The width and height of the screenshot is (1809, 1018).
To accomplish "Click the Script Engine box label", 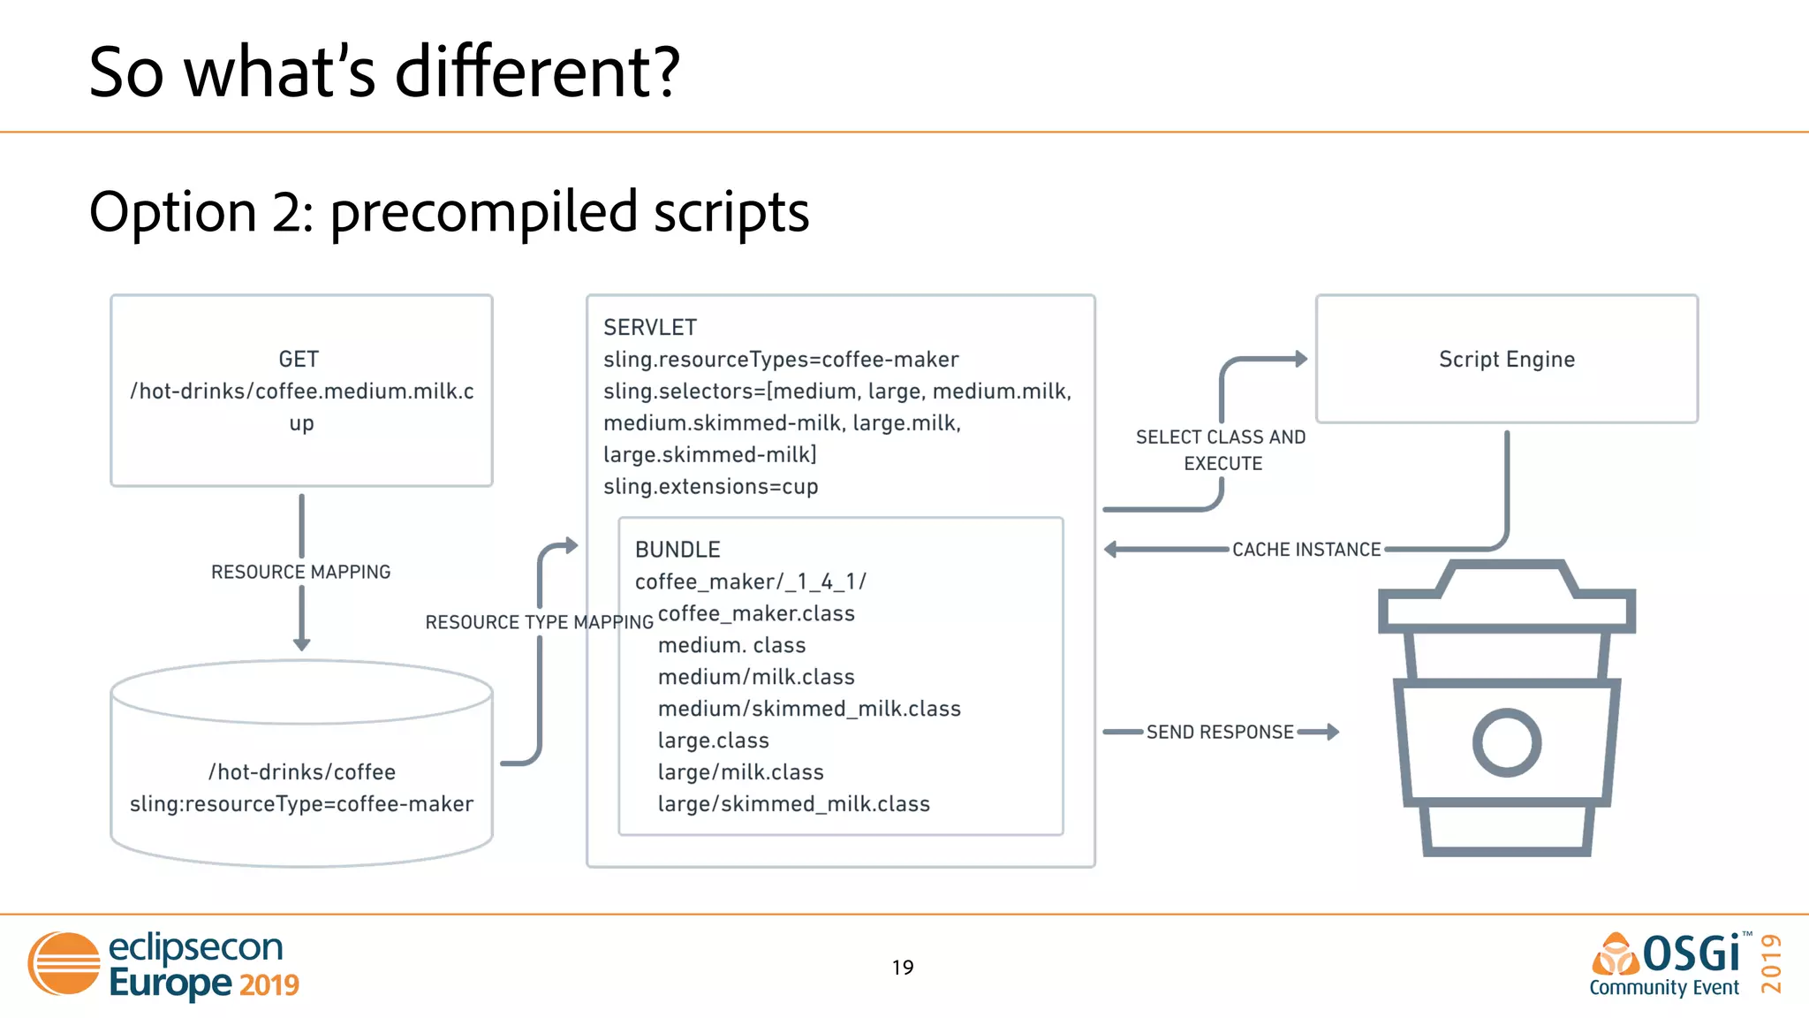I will (1506, 360).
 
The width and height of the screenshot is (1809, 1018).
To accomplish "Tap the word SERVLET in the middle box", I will (650, 328).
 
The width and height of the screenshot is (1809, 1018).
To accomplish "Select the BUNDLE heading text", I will (677, 550).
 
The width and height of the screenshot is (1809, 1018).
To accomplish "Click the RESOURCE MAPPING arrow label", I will (300, 572).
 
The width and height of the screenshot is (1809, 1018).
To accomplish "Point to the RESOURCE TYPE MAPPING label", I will (539, 622).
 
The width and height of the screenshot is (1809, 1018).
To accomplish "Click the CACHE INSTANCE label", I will (1306, 550).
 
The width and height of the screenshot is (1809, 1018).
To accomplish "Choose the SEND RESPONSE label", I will (1220, 732).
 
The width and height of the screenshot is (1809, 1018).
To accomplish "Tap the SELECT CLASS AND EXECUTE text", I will (1221, 450).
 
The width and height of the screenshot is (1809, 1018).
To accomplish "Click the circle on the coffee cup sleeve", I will (1507, 742).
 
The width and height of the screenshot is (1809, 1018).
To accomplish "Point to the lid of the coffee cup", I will (1507, 596).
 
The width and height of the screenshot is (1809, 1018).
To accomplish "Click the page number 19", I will (903, 968).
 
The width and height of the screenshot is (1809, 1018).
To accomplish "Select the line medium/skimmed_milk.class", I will (808, 709).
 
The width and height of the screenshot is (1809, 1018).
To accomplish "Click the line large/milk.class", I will (740, 772).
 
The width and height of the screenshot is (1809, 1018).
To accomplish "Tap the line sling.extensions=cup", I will (710, 487).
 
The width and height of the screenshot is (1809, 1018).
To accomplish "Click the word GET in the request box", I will (299, 360).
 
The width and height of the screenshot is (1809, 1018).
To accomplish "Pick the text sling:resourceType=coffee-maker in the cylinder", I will (301, 804).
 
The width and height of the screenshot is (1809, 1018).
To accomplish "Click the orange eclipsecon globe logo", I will (64, 963).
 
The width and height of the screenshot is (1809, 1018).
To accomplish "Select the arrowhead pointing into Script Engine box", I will (1300, 359).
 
